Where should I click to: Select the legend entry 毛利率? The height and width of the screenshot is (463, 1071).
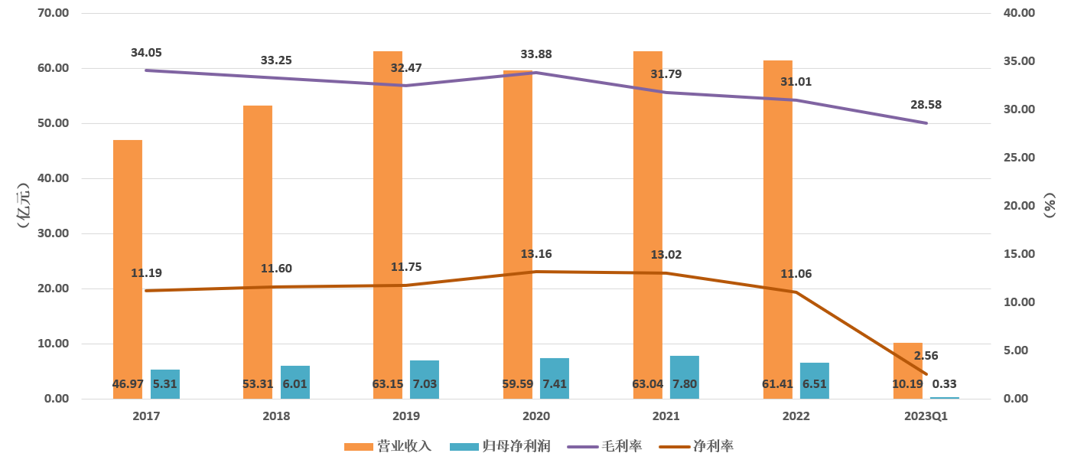tap(604, 446)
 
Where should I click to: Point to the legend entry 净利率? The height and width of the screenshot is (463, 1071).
tap(696, 446)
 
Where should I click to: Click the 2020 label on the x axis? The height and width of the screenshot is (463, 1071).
tap(535, 416)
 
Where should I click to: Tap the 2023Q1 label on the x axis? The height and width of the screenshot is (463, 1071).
tap(926, 416)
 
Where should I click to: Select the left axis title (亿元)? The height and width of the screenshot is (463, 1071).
tap(22, 205)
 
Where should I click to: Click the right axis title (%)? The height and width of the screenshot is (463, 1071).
tap(1050, 205)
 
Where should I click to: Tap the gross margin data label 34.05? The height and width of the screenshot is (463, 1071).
tap(146, 53)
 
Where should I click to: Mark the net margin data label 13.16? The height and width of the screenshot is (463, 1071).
tap(535, 254)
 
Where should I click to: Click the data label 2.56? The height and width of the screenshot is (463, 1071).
tap(926, 356)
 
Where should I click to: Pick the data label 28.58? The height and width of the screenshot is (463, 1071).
tap(926, 105)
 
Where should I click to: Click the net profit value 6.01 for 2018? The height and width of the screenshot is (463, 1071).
tap(295, 384)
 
